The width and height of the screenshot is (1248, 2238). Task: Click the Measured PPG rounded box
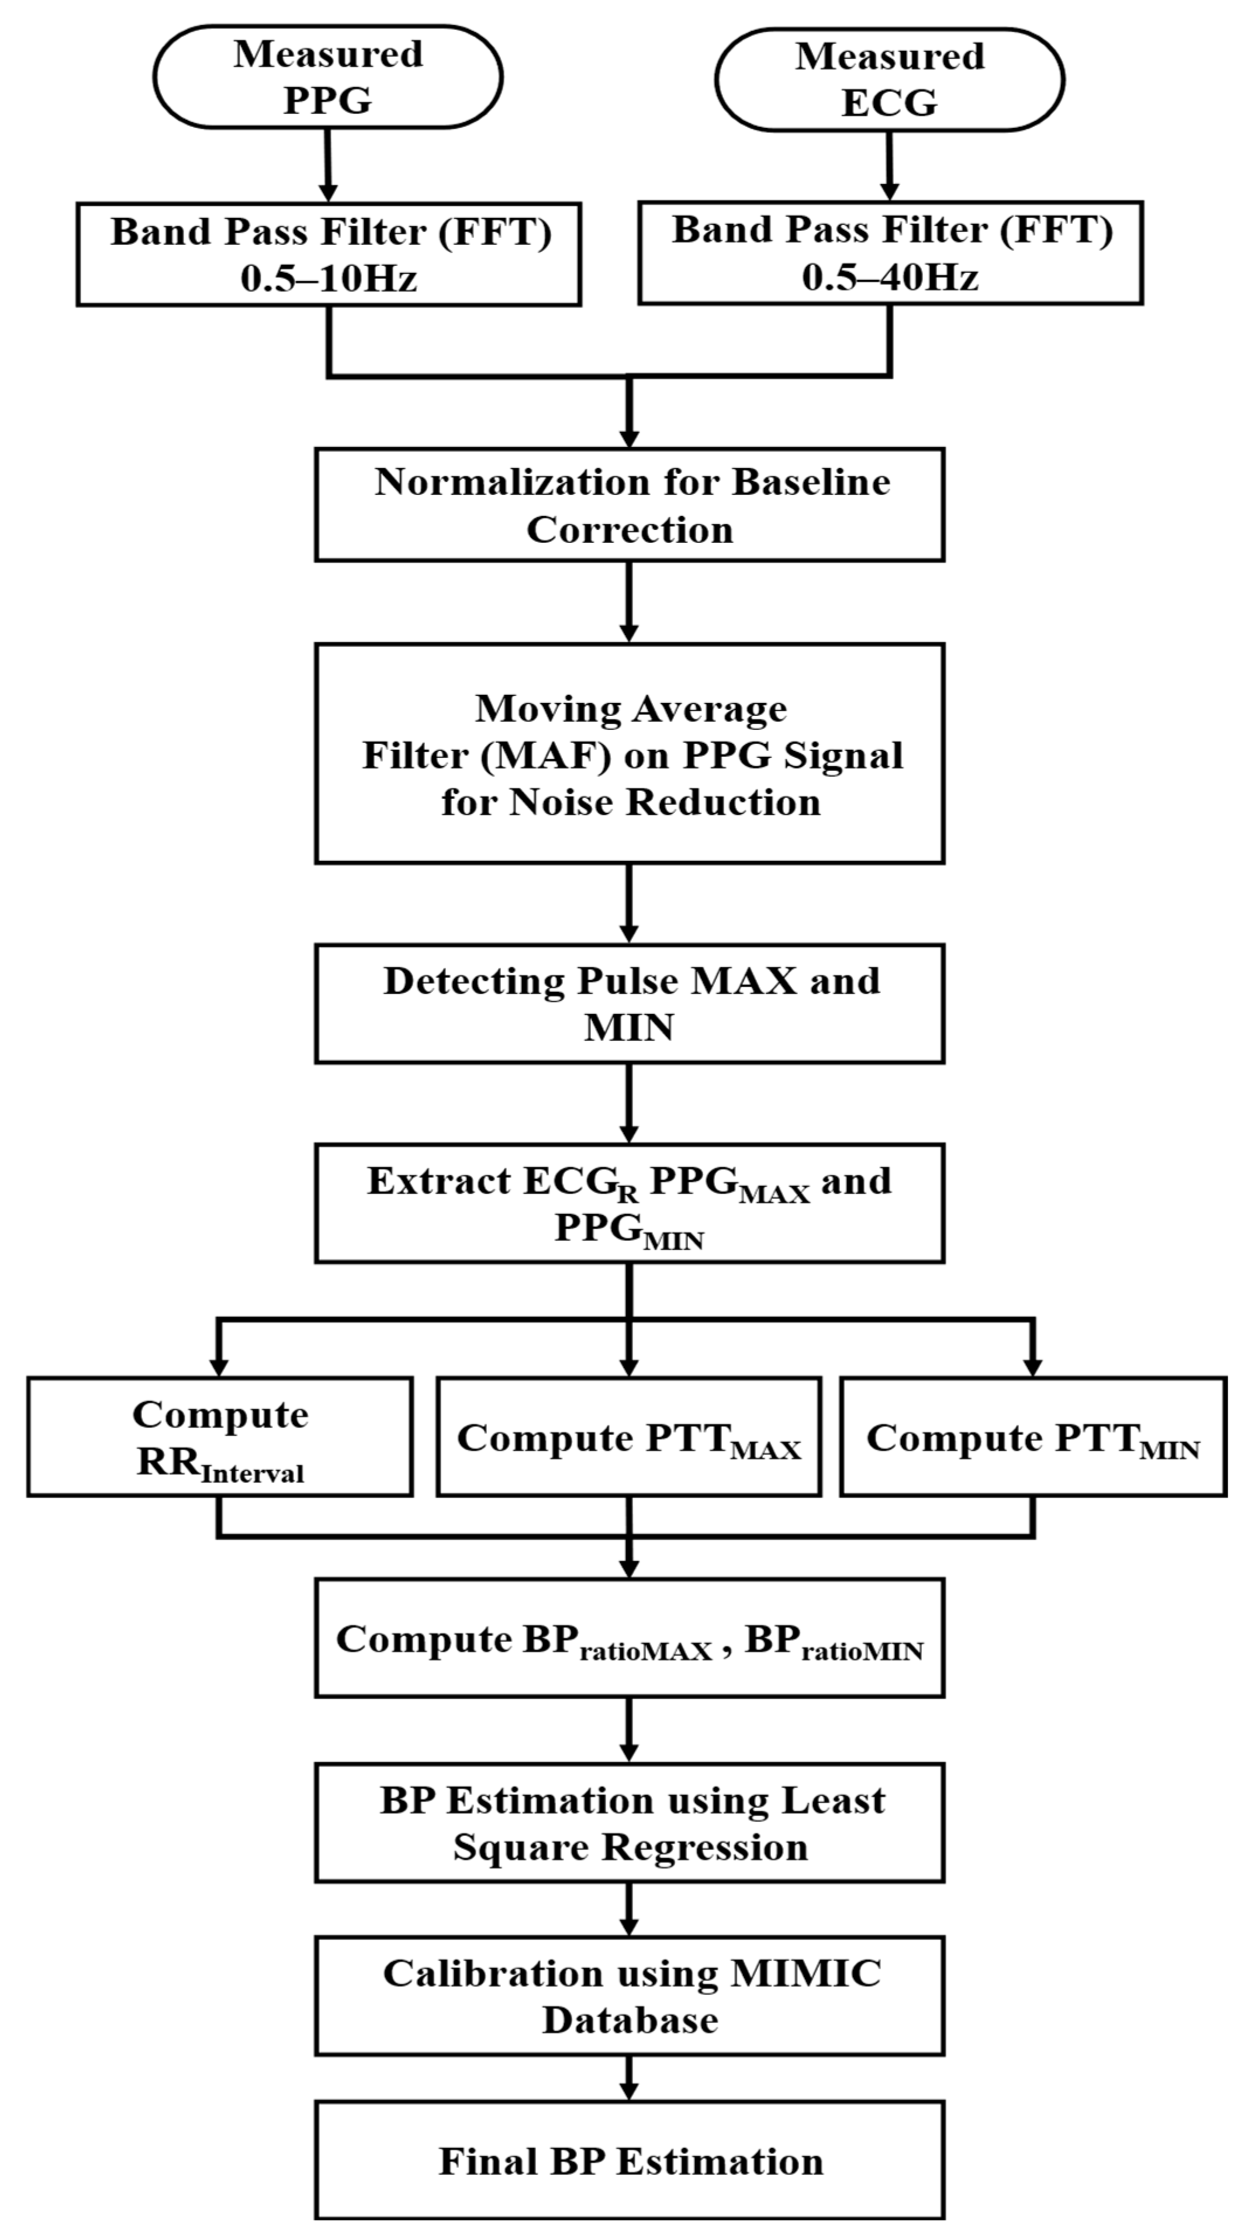point(328,77)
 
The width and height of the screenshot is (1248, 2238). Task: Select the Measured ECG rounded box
point(889,79)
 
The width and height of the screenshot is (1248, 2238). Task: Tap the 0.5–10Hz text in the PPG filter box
point(329,278)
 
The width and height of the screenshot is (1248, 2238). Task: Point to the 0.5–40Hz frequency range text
point(889,277)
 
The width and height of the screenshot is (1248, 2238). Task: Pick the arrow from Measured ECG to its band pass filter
point(889,165)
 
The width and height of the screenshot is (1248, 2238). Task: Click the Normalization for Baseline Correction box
point(629,505)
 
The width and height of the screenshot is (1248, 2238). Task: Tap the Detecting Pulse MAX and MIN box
point(629,1003)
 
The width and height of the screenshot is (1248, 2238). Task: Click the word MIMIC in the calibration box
point(805,1974)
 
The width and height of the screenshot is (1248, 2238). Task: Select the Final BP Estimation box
point(629,2161)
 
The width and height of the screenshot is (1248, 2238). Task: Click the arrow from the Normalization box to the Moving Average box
point(629,601)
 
